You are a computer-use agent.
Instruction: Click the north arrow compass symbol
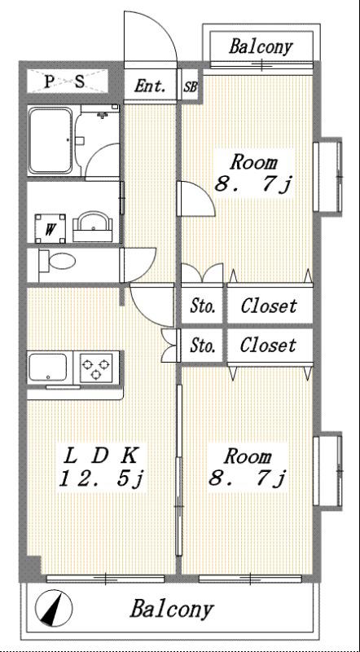54,608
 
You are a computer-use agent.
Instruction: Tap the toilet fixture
57,262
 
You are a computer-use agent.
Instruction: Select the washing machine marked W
50,228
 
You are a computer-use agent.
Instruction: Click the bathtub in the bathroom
50,140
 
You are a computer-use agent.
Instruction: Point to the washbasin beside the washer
93,227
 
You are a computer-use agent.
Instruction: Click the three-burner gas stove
96,368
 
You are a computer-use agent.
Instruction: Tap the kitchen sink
48,368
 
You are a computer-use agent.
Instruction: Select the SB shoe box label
191,88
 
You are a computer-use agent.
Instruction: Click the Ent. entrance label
150,87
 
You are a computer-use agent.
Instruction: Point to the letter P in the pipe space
49,81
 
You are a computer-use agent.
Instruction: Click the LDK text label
100,456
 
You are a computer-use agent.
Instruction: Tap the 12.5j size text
101,479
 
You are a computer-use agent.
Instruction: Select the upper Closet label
269,306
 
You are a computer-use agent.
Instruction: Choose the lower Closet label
268,345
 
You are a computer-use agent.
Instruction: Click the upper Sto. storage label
203,307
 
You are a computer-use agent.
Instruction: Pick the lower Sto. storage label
203,345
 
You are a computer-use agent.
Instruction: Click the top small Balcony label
261,47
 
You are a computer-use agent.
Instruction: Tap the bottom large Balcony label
172,609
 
